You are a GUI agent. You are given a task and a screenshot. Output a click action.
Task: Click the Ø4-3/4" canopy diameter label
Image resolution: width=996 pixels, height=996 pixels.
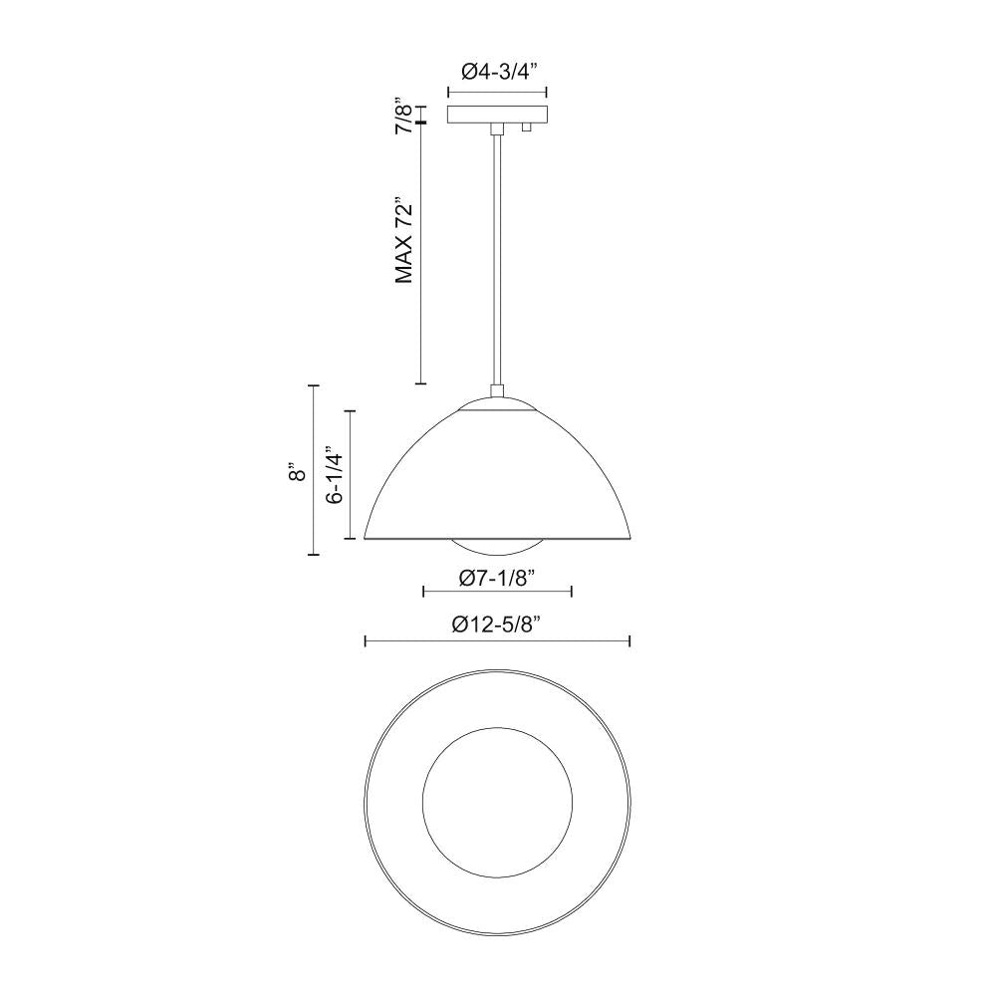click(497, 72)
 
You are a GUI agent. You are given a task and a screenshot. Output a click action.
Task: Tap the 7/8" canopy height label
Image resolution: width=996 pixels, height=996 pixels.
click(403, 115)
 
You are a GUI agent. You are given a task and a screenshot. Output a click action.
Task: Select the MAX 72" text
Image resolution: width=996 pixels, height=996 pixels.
click(403, 240)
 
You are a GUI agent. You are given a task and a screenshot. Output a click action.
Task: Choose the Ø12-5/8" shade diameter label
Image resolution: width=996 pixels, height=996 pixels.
click(497, 624)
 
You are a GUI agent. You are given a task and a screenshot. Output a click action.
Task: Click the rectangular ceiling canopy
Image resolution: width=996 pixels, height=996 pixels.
click(497, 115)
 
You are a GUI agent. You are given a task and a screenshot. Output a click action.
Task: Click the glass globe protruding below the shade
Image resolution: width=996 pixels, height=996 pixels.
click(497, 549)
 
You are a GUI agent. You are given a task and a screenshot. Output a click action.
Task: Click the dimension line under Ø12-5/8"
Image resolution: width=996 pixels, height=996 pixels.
click(497, 641)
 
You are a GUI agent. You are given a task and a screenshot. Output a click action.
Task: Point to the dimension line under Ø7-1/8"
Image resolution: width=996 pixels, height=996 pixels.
click(497, 592)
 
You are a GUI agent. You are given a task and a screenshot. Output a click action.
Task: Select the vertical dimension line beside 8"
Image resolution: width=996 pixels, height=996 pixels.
click(314, 469)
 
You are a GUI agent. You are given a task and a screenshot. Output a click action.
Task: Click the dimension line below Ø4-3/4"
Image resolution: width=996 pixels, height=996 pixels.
click(497, 93)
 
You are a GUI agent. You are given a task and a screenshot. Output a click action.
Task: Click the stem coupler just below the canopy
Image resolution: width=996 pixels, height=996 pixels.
click(495, 128)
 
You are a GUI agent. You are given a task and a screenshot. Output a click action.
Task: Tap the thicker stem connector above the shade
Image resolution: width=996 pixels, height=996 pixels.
click(496, 391)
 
